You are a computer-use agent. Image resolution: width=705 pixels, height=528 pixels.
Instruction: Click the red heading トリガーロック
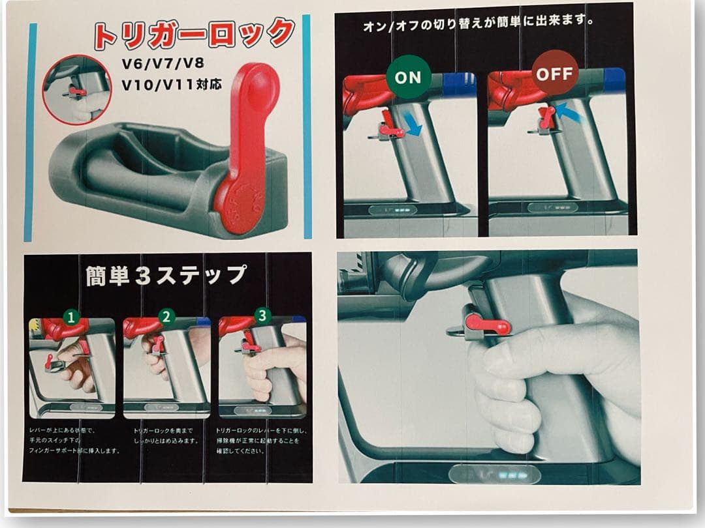[x=195, y=34]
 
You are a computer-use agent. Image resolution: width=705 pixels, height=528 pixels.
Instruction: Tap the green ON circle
[x=408, y=77]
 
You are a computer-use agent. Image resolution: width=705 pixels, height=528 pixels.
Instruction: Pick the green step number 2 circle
[x=166, y=317]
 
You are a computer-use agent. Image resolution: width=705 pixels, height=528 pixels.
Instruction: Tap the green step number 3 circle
[x=262, y=316]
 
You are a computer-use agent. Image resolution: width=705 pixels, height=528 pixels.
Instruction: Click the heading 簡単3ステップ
[x=166, y=275]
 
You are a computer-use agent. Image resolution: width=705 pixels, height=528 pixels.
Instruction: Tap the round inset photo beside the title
[x=77, y=89]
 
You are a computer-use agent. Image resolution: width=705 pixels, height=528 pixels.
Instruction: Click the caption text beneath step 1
[x=74, y=441]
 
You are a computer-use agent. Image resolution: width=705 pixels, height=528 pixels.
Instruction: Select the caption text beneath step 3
[x=261, y=441]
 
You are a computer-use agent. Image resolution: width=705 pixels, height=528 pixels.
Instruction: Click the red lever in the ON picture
[x=390, y=126]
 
